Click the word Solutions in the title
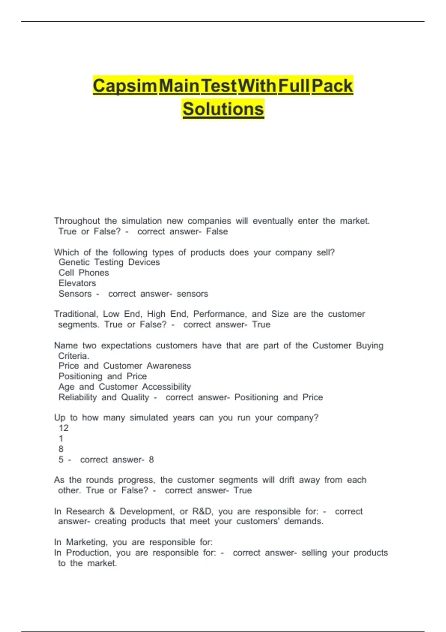coord(223,109)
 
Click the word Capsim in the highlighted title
coord(125,86)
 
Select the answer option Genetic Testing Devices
coord(109,262)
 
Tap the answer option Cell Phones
coord(84,273)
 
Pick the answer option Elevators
coord(77,283)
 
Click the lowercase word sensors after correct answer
coord(192,294)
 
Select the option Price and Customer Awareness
coord(125,366)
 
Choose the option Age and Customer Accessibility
coord(125,387)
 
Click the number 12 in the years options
coord(64,428)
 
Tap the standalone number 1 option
coord(61,439)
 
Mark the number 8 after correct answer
coord(151,460)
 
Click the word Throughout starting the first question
coord(77,221)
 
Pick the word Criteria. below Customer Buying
coord(74,356)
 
